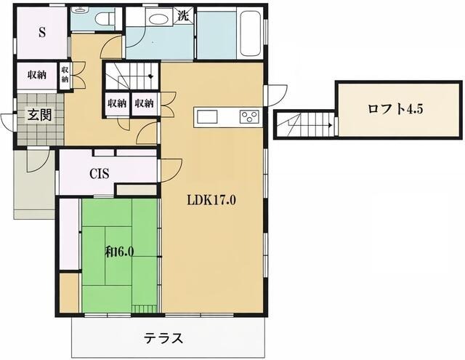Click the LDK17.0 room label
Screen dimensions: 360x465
pos(211,200)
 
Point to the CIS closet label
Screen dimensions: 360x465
pos(100,174)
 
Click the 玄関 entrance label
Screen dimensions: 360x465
pos(39,115)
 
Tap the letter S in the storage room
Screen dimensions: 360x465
pos(41,33)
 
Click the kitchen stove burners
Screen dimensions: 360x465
pos(248,116)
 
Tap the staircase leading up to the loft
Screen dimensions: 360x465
pos(304,125)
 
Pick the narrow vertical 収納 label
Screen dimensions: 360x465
pos(65,76)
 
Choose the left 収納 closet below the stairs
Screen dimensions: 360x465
pos(117,103)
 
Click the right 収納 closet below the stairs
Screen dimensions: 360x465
pos(144,103)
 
